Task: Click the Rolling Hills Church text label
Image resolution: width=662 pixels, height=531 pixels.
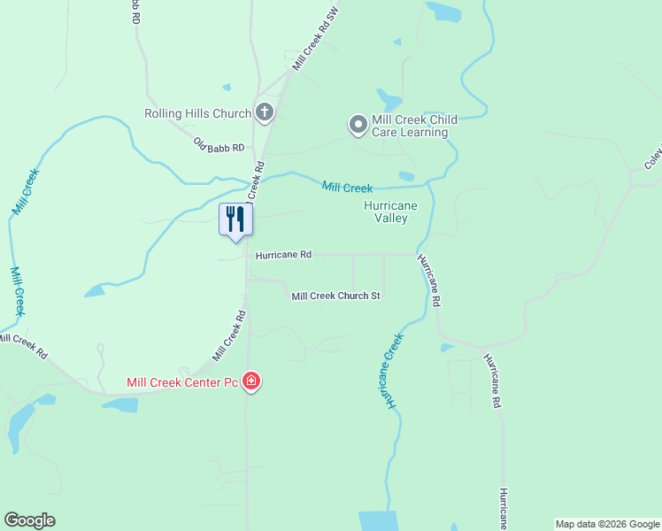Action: [197, 113]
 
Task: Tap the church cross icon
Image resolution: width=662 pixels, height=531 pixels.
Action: [264, 112]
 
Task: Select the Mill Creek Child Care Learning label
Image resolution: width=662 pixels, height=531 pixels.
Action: [415, 126]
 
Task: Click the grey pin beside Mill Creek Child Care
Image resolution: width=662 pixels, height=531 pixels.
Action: [358, 125]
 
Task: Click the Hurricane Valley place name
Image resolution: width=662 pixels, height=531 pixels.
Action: [390, 212]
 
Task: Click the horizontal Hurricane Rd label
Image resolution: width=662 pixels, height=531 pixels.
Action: [283, 255]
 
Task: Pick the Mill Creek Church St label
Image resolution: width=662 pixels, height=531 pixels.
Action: [335, 296]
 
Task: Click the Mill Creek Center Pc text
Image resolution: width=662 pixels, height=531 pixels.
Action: [182, 383]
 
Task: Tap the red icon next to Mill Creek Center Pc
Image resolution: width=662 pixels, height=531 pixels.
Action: [251, 382]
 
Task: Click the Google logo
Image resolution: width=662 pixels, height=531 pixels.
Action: [29, 520]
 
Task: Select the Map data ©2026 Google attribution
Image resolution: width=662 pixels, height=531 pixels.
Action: [607, 524]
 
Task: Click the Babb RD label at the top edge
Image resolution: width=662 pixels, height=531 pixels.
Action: [135, 11]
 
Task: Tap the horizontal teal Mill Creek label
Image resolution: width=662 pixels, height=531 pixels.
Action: [347, 187]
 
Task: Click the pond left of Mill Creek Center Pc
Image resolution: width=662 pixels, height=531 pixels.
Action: [120, 404]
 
